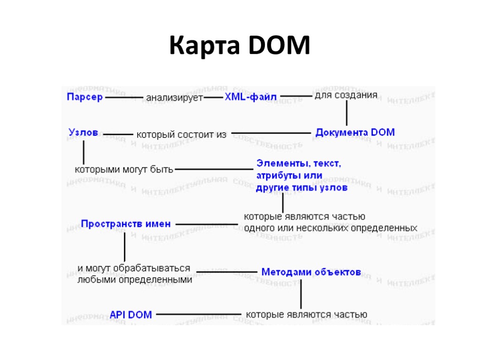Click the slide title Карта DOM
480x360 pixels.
pos(240,46)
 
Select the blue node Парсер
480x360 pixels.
pos(84,97)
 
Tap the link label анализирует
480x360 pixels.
pos(174,97)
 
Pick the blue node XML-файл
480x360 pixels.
pos(251,97)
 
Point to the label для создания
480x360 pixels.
pos(345,95)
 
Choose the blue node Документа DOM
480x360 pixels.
pos(355,132)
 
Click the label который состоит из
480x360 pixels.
pos(181,135)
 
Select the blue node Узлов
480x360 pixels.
pos(83,133)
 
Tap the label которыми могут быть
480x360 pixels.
pos(124,169)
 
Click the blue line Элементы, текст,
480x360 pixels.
pos(299,164)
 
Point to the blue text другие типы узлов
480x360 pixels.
pos(301,188)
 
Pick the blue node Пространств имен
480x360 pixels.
pos(126,224)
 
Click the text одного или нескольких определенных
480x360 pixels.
pos(330,228)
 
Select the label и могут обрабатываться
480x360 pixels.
pos(134,268)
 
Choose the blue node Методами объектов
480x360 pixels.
pos(311,272)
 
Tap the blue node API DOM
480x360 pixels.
pos(131,315)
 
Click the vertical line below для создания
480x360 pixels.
pos(346,113)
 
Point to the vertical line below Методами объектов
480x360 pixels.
pos(301,294)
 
